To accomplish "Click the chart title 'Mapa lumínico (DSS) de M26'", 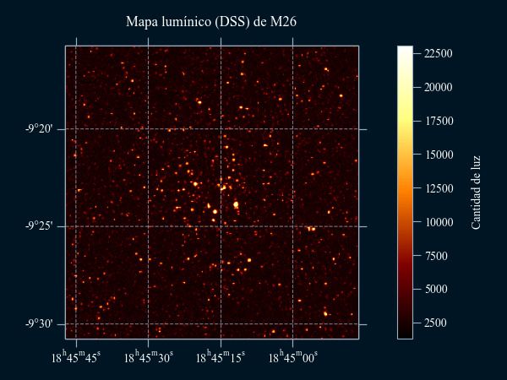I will [211, 21].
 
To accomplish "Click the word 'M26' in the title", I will [283, 21].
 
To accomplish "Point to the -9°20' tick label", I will [39, 129].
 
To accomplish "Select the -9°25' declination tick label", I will [39, 226].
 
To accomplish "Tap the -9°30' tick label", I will [39, 324].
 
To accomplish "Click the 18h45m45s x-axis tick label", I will [76, 357].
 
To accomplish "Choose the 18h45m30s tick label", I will [149, 357].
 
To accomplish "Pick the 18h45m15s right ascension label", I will [221, 357].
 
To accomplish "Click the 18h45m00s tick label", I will [293, 357].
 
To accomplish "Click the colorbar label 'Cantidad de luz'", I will [476, 193].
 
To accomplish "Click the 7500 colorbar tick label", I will [435, 256].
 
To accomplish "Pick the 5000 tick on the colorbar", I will [435, 290].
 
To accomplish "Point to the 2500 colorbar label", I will [435, 323].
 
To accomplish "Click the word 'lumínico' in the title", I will [189, 21].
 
